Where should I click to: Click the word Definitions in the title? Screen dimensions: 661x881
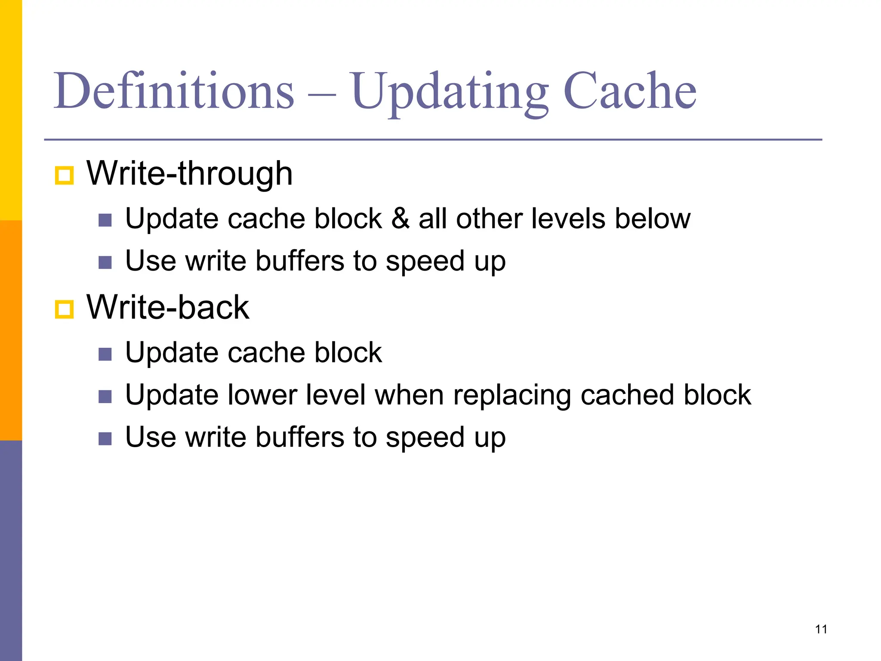tap(174, 91)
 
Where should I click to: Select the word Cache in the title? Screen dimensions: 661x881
tap(630, 91)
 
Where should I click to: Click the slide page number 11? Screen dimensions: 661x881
tap(821, 629)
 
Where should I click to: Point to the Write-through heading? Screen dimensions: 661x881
tap(189, 173)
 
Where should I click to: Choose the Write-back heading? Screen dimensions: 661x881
tap(168, 307)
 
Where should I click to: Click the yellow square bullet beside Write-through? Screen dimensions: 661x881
tap(65, 176)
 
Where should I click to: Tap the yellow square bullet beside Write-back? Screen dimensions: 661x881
tap(65, 309)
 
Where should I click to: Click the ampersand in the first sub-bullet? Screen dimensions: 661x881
tap(400, 219)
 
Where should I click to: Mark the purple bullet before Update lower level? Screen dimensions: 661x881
tap(105, 396)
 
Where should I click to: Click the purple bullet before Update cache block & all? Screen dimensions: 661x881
tap(105, 220)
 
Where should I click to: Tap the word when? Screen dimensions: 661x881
tap(409, 395)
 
